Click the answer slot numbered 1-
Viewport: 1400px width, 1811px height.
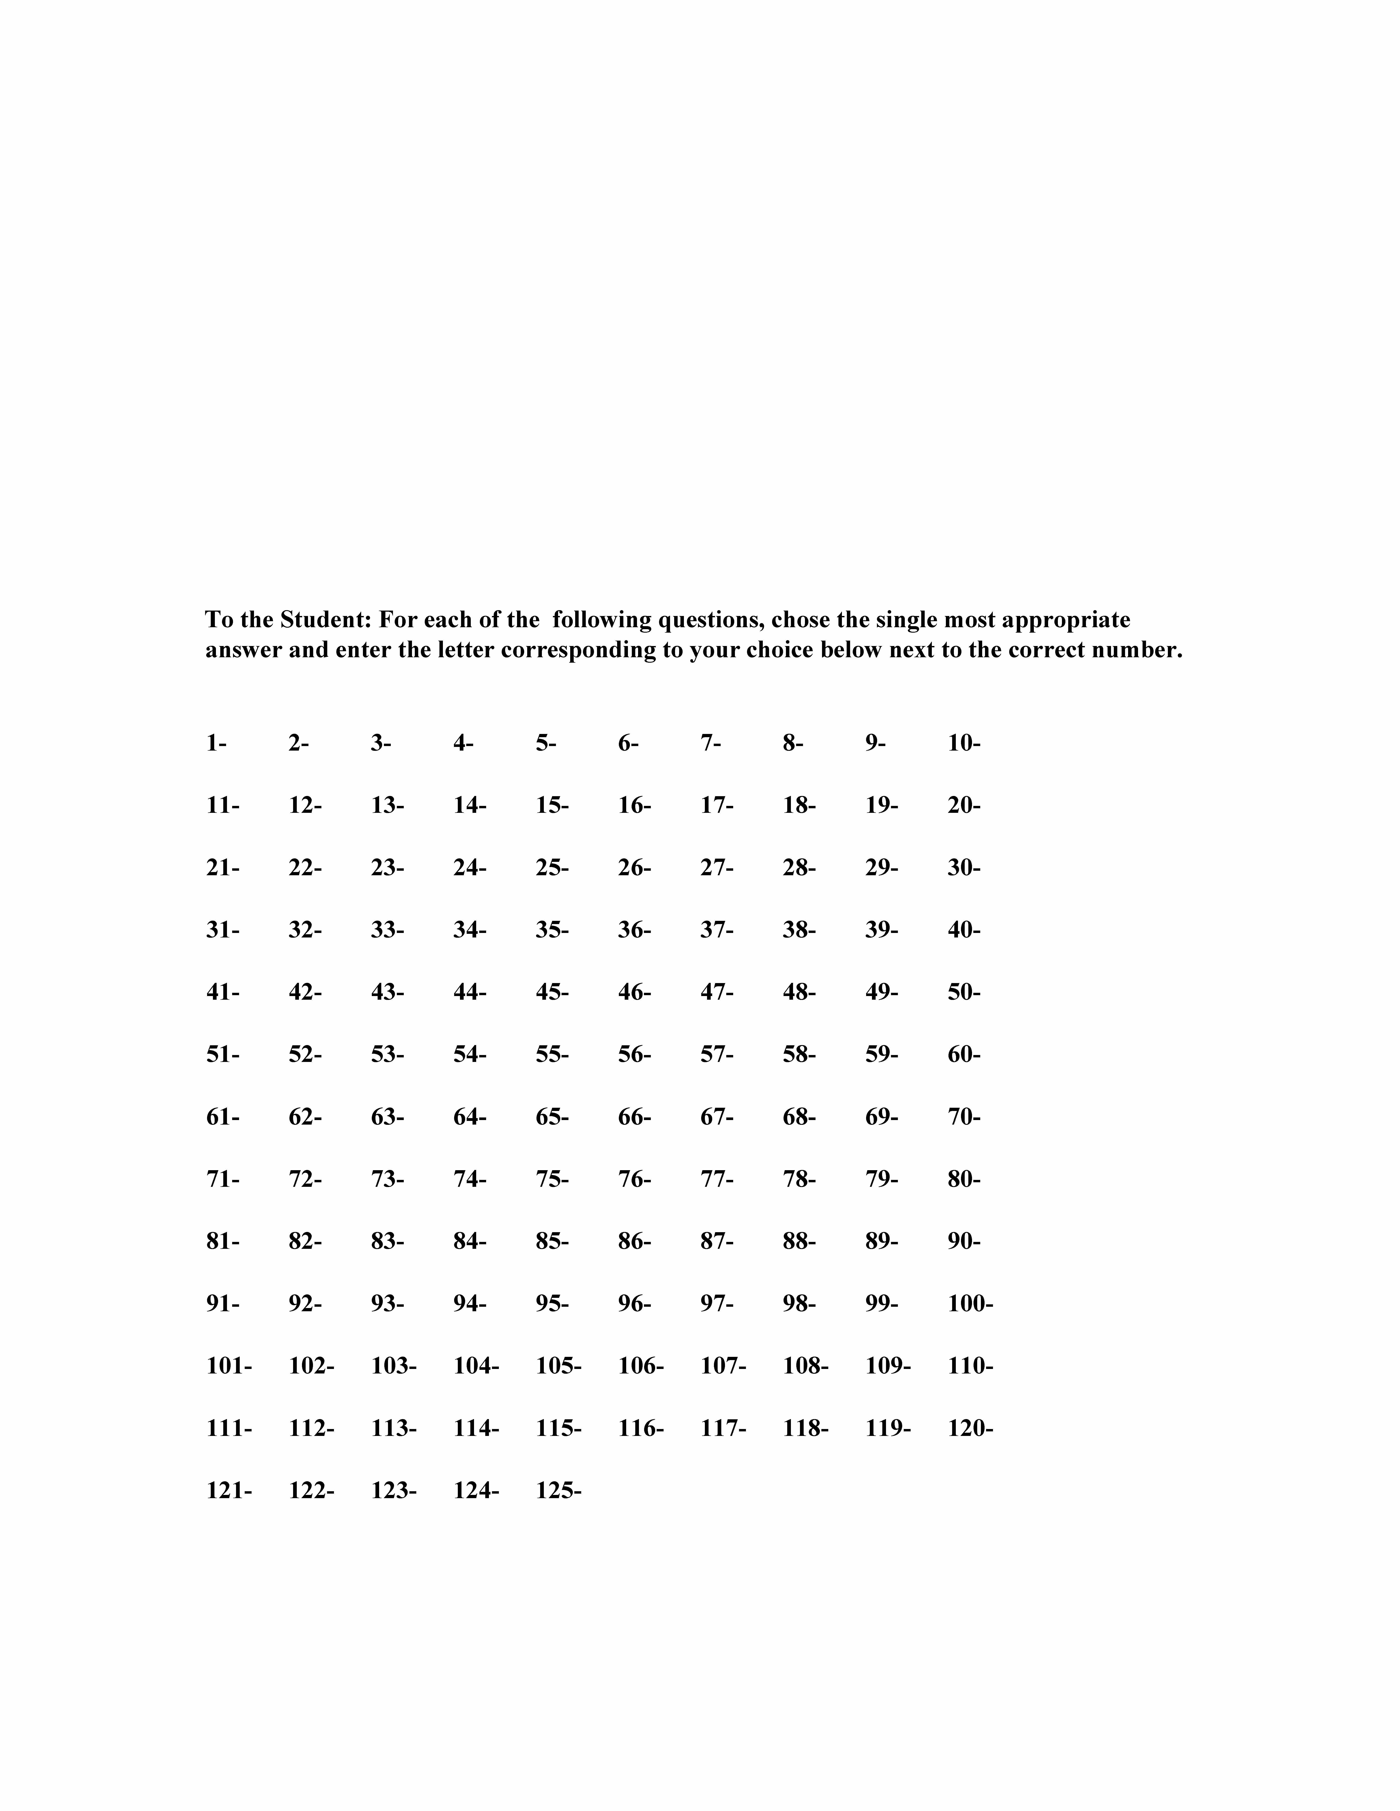[216, 743]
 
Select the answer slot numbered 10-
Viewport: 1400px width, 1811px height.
[964, 743]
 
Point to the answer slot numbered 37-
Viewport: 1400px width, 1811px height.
[717, 929]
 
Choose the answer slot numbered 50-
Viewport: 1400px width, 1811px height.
[964, 992]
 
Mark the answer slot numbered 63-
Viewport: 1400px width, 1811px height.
[387, 1117]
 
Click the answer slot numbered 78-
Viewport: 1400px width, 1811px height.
[799, 1179]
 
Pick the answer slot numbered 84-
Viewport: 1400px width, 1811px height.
[469, 1241]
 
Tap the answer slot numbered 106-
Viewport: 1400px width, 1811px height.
[640, 1366]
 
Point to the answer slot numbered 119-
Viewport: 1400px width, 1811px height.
[888, 1428]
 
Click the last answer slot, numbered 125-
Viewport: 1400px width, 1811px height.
[558, 1490]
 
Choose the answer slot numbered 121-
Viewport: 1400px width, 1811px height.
[229, 1490]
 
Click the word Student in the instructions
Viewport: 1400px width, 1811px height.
[325, 619]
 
